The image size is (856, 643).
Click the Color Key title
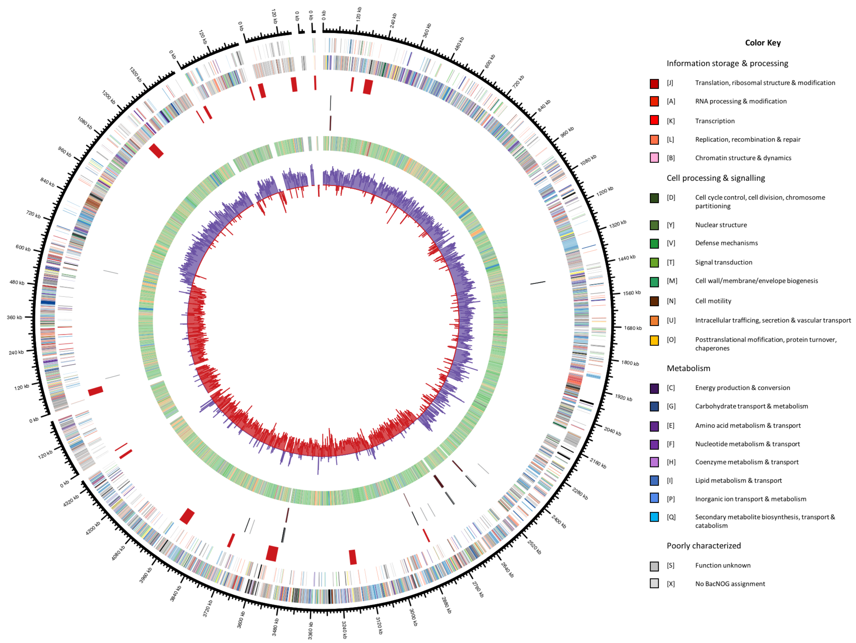(x=762, y=43)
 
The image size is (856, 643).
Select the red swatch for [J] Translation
(x=654, y=84)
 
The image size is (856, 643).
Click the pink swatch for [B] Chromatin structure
(x=654, y=158)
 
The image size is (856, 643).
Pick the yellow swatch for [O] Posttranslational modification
(x=654, y=340)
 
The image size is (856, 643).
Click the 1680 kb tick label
(x=633, y=328)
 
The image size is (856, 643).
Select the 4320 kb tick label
(x=71, y=501)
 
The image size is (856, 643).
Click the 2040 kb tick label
(x=612, y=431)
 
